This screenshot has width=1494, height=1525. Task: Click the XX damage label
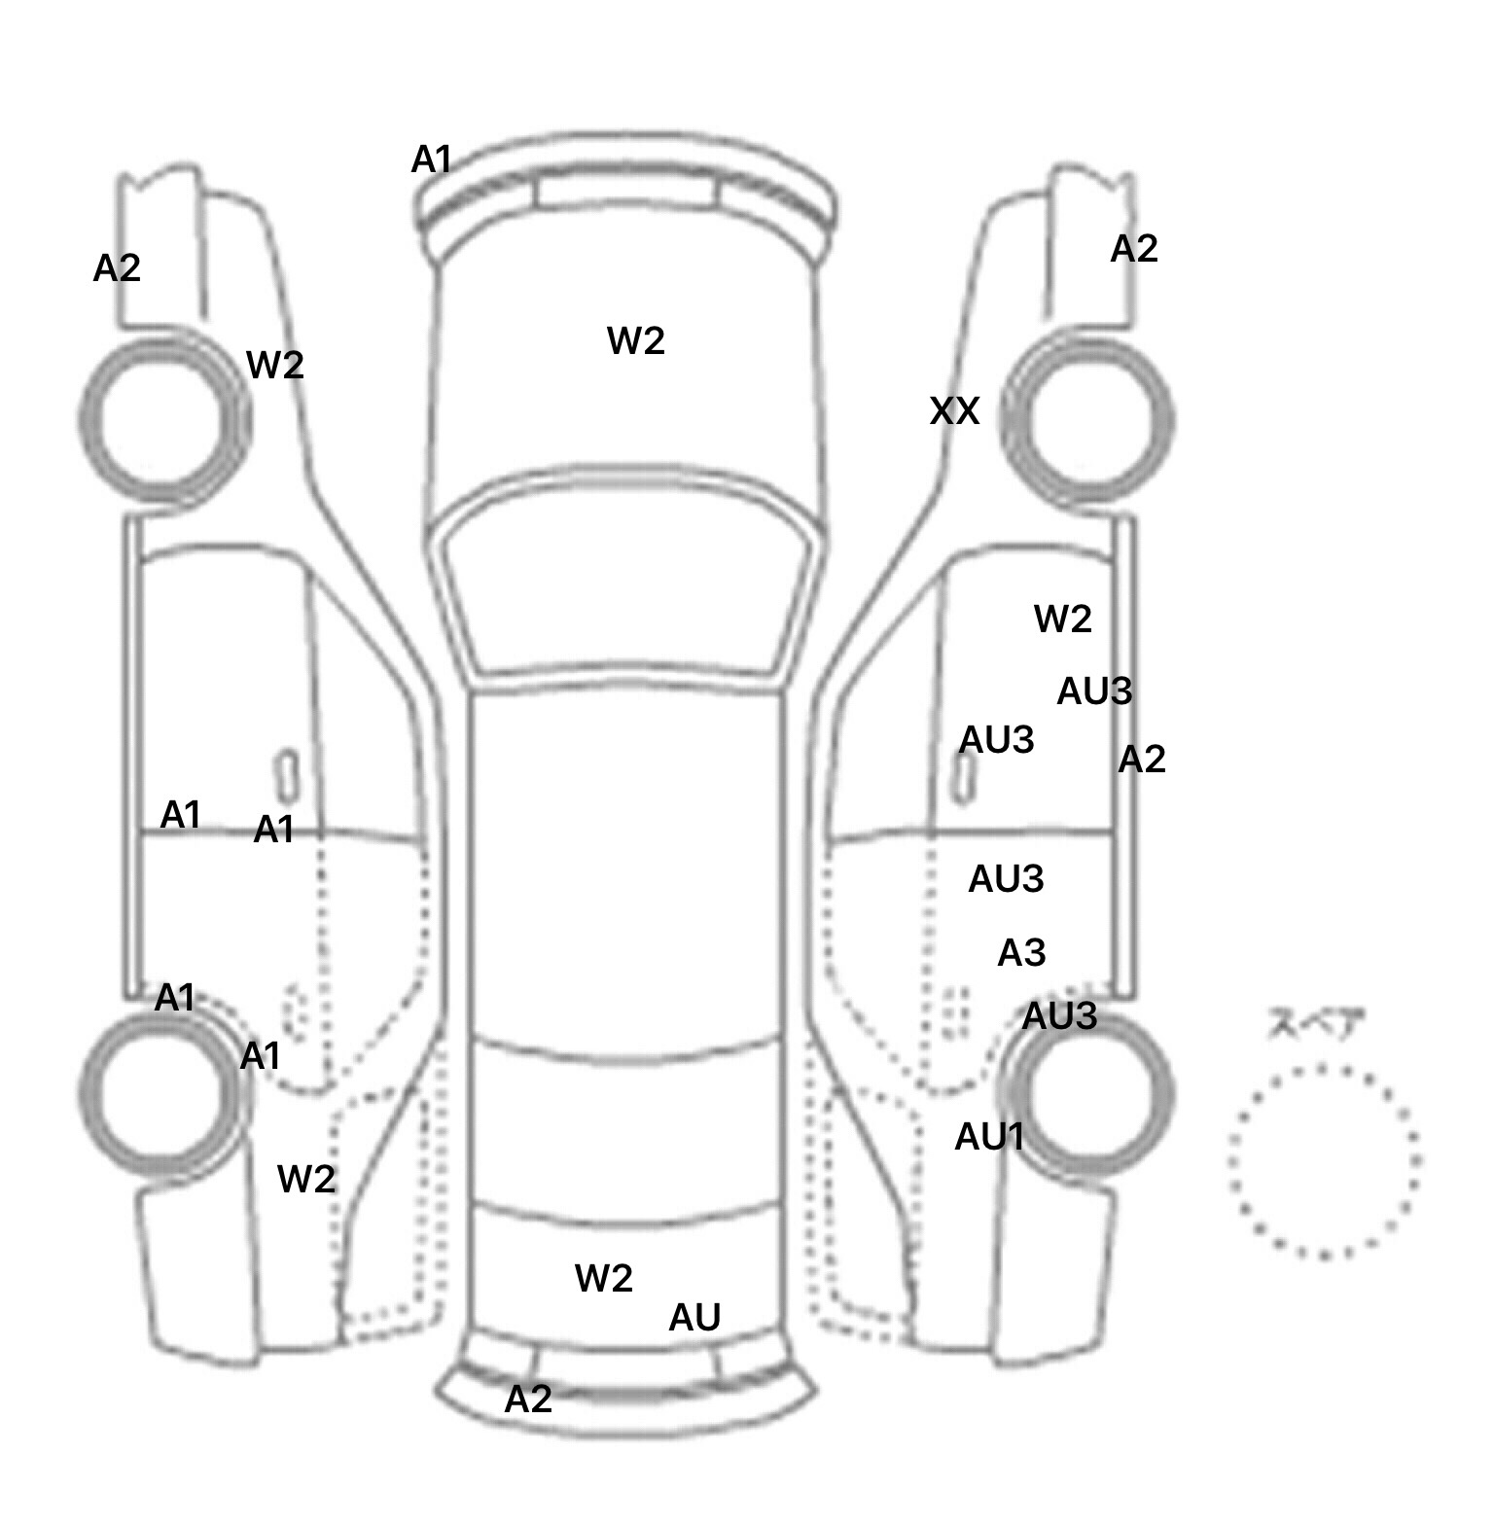point(954,411)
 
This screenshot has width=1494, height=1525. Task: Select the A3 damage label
point(1021,952)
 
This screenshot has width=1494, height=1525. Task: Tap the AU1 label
point(989,1136)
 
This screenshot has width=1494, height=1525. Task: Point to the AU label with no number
point(694,1317)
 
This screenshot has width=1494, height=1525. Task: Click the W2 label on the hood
point(636,340)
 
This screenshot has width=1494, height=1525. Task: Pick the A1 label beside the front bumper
point(432,159)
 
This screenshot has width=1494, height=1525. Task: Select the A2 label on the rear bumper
point(528,1399)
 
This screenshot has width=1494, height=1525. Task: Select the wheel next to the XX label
point(1087,420)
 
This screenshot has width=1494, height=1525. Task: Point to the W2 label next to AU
point(604,1277)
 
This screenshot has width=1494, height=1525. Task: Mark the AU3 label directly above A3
point(1006,879)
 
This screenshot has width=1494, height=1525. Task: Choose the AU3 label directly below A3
point(1059,1016)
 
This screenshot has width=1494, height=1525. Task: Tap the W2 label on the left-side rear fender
point(306,1179)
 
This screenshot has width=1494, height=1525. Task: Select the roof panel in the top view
point(627,866)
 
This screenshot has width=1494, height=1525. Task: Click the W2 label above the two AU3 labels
point(1063,618)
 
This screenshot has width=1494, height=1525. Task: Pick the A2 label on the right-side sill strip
point(1141,759)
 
